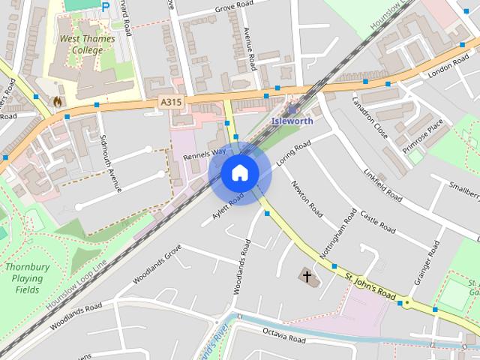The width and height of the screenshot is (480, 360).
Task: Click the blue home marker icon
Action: click(240, 173)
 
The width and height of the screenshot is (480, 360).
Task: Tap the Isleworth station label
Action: click(292, 120)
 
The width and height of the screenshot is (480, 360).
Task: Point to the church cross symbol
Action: click(307, 276)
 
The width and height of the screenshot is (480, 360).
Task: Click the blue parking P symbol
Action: click(105, 6)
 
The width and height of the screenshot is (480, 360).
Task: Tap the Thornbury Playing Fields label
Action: click(26, 277)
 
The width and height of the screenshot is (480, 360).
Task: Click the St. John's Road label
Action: click(370, 285)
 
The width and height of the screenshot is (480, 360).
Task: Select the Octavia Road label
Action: click(283, 334)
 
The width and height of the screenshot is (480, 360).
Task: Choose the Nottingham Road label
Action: click(339, 235)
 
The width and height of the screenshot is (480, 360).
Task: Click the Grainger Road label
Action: click(426, 265)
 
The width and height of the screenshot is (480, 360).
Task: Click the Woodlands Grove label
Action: click(157, 265)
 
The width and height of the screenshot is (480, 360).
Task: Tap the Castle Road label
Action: click(377, 220)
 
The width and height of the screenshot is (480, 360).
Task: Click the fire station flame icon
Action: click(57, 99)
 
